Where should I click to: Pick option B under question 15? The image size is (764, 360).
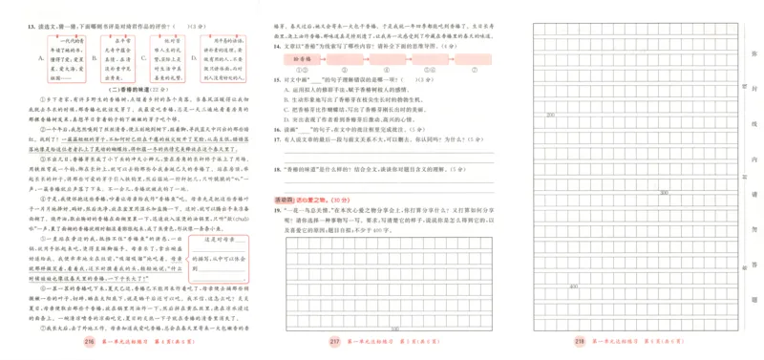click(x=287, y=96)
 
